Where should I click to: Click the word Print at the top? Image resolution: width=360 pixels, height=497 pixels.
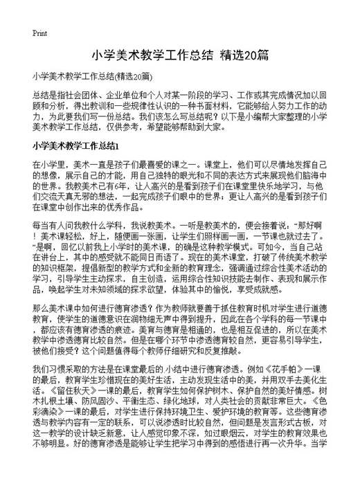coord(39,32)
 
